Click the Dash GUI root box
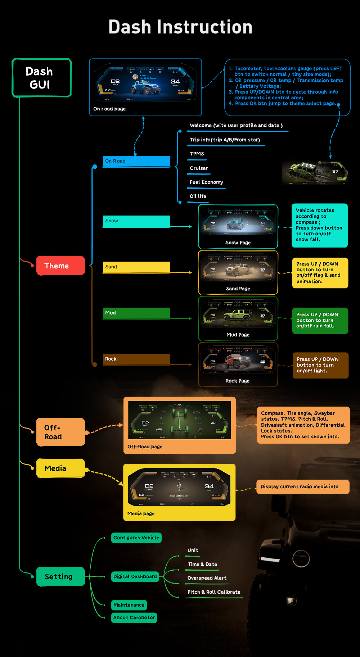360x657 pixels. click(42, 78)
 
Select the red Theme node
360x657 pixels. click(60, 266)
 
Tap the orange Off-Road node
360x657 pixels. click(60, 432)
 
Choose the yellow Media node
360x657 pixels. click(60, 468)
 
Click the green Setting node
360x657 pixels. click(60, 576)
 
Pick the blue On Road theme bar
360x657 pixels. click(136, 161)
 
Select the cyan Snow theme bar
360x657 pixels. click(136, 221)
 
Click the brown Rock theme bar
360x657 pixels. click(136, 359)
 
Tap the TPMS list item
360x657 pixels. click(197, 154)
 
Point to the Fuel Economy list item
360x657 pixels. click(206, 182)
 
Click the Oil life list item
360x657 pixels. click(198, 196)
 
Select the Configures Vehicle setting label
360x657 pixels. click(136, 538)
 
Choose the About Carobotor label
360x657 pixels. click(134, 617)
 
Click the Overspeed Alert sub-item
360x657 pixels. click(207, 578)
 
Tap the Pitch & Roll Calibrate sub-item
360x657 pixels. click(214, 592)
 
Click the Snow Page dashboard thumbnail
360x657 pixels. click(238, 222)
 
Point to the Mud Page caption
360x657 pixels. click(238, 335)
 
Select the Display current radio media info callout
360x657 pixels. click(302, 486)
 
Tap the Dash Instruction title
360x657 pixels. click(180, 27)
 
